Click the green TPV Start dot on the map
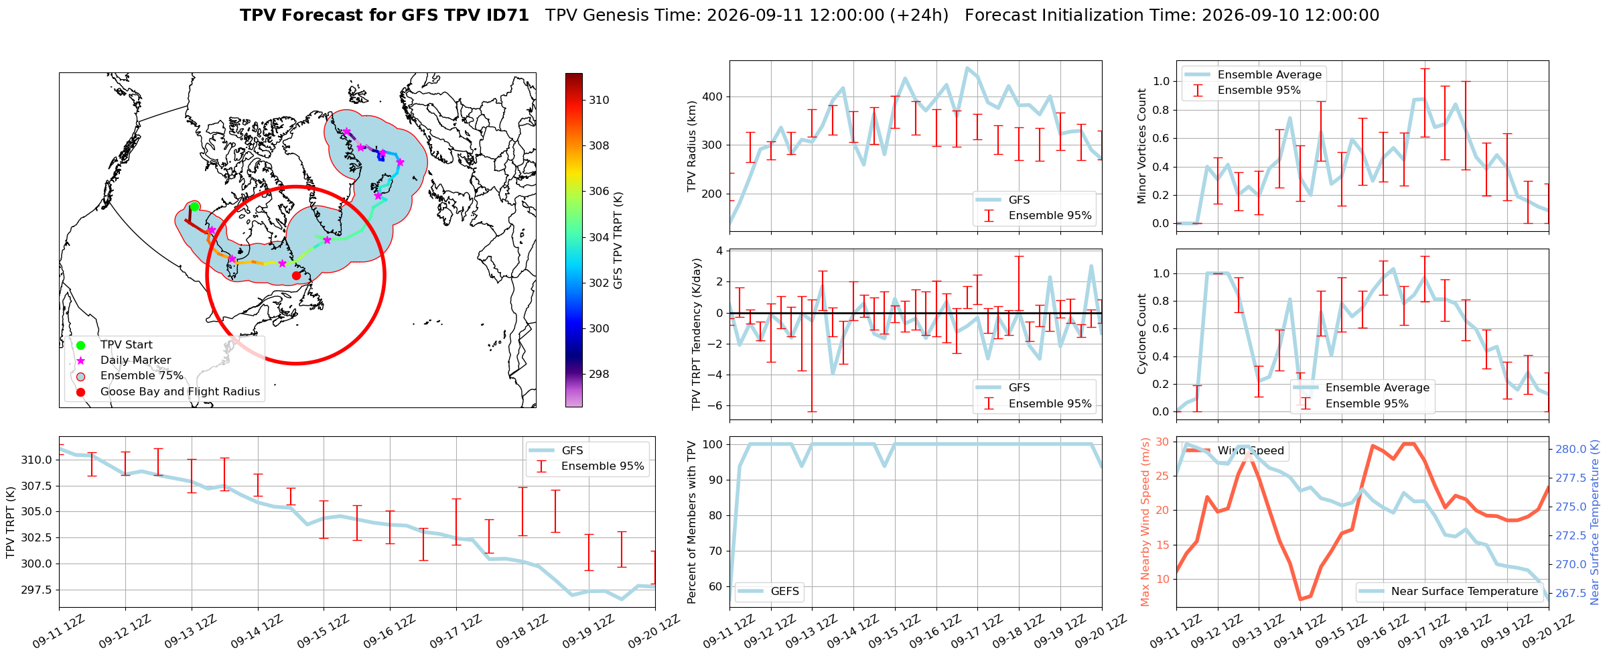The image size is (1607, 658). (194, 206)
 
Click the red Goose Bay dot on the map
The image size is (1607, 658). (296, 275)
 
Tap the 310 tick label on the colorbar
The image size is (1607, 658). (599, 100)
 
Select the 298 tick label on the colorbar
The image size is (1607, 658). (599, 374)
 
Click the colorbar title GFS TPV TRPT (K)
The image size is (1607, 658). (618, 241)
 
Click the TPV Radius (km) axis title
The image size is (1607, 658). (692, 146)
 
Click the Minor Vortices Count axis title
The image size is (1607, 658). (1142, 146)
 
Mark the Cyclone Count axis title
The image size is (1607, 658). (1142, 334)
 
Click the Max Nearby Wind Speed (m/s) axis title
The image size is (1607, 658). (1145, 522)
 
